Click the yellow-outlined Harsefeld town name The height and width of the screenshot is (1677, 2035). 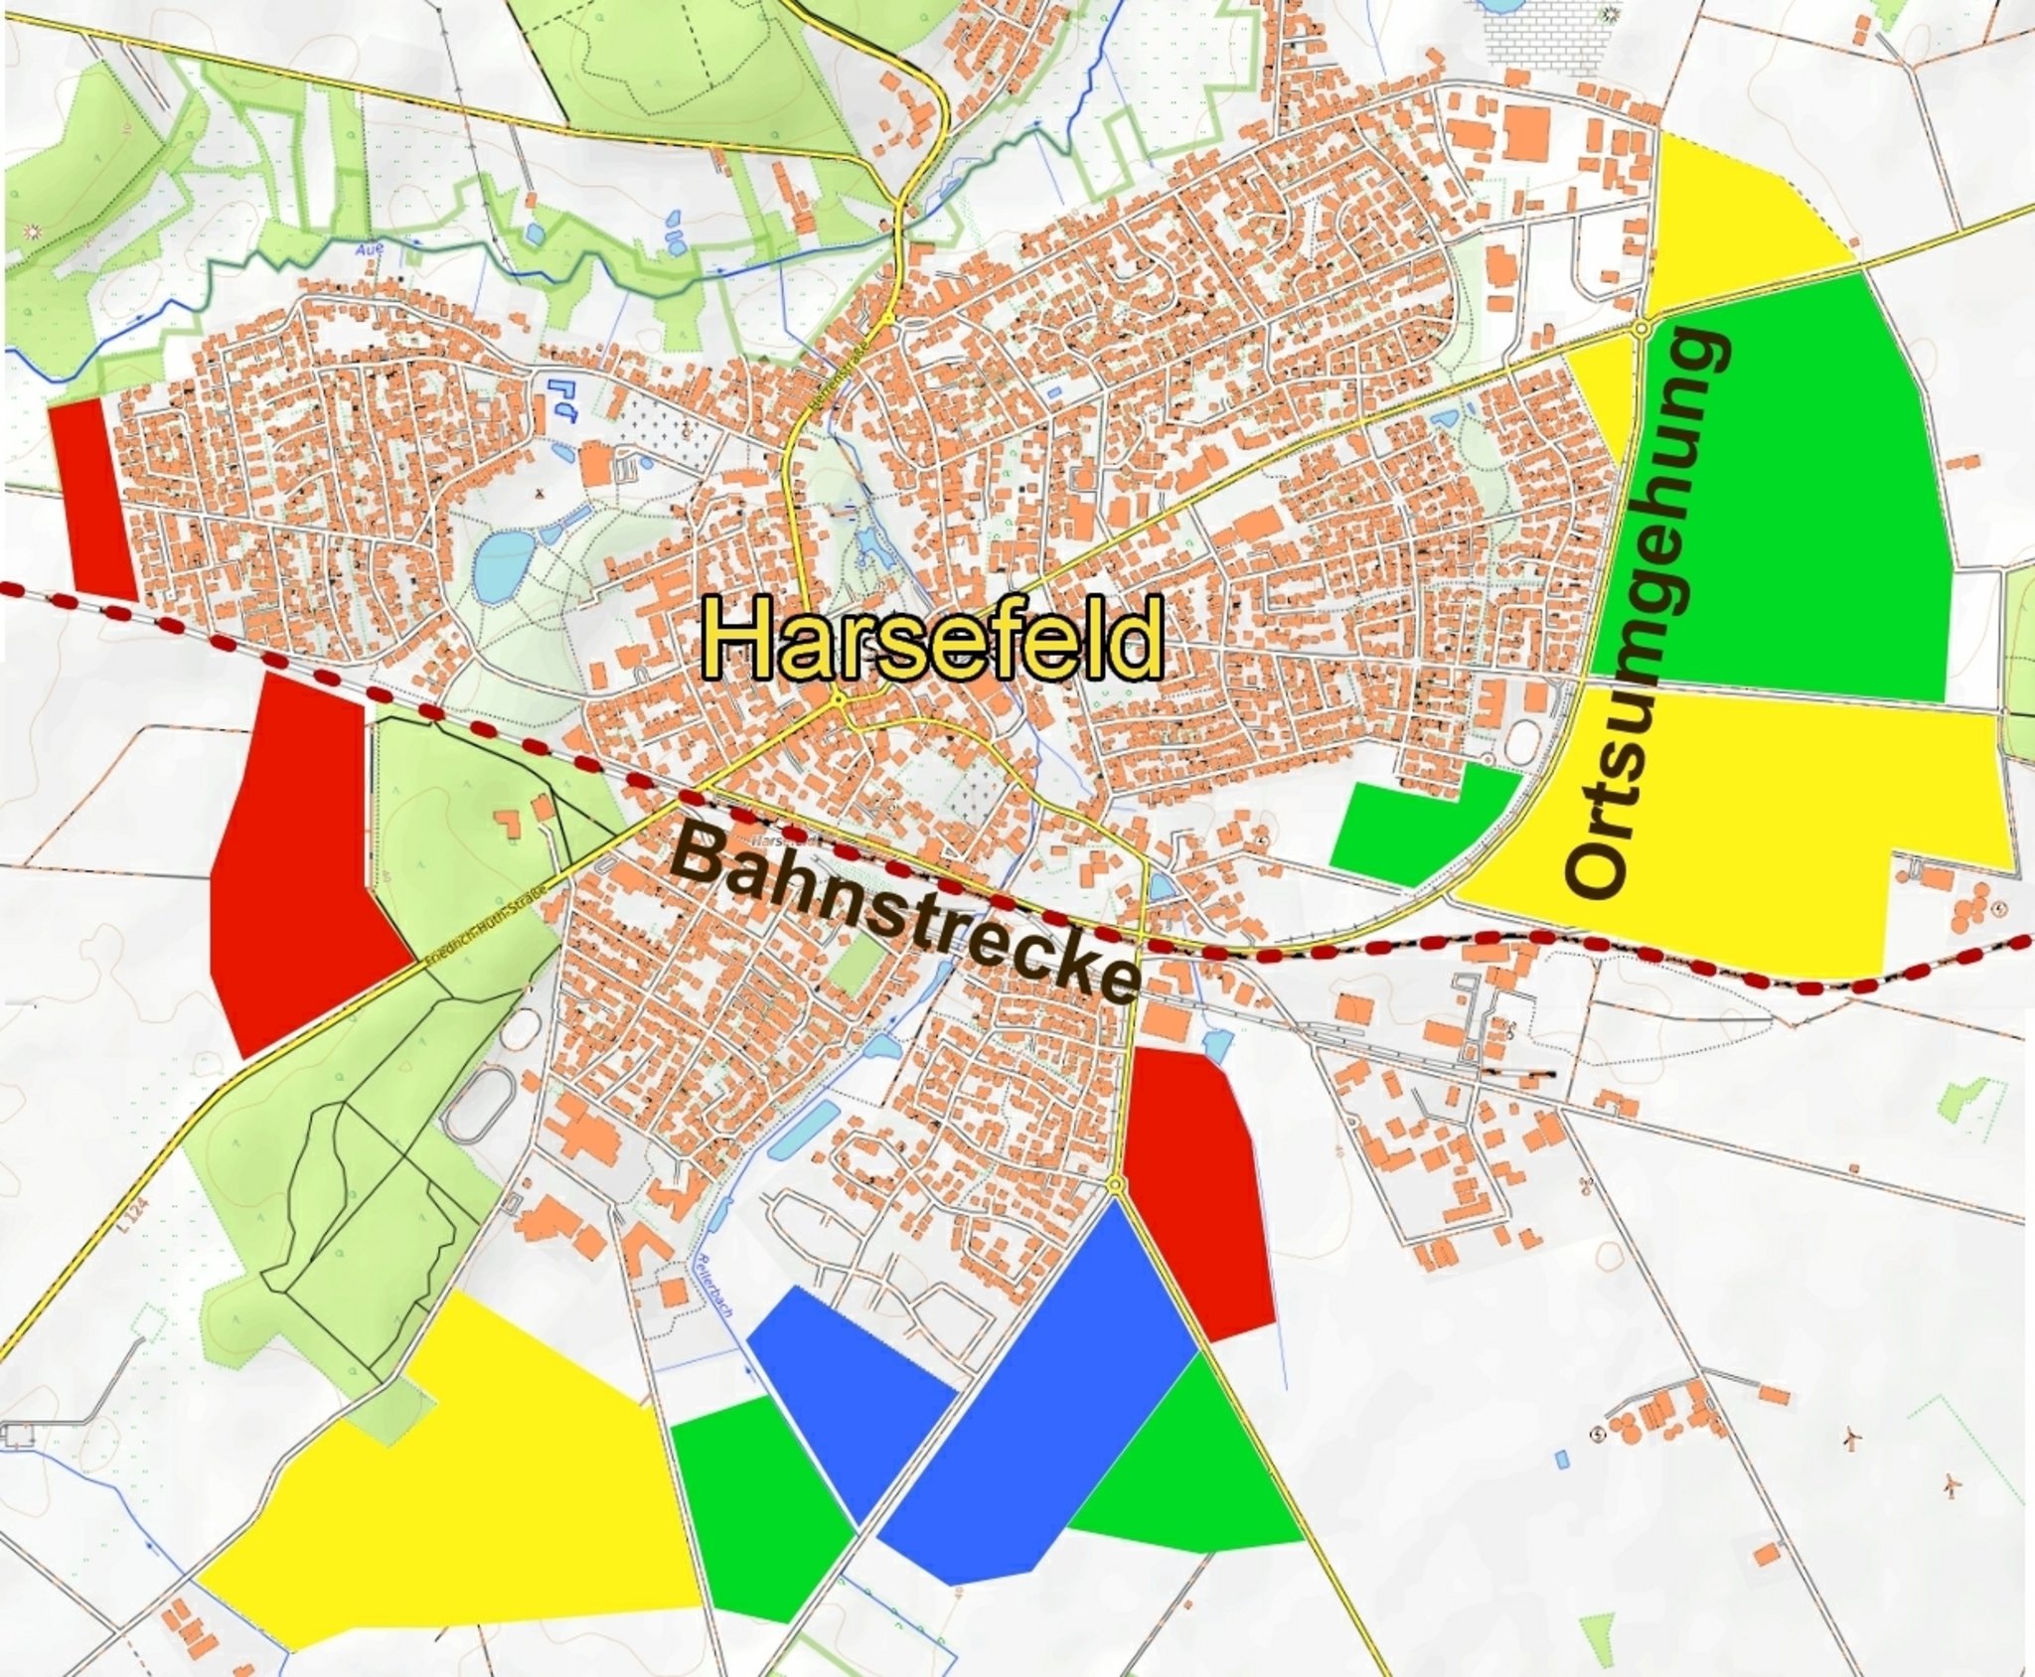(x=932, y=639)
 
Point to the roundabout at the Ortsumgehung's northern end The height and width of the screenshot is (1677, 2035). (x=1642, y=327)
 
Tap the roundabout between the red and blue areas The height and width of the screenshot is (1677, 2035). (x=1116, y=1185)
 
